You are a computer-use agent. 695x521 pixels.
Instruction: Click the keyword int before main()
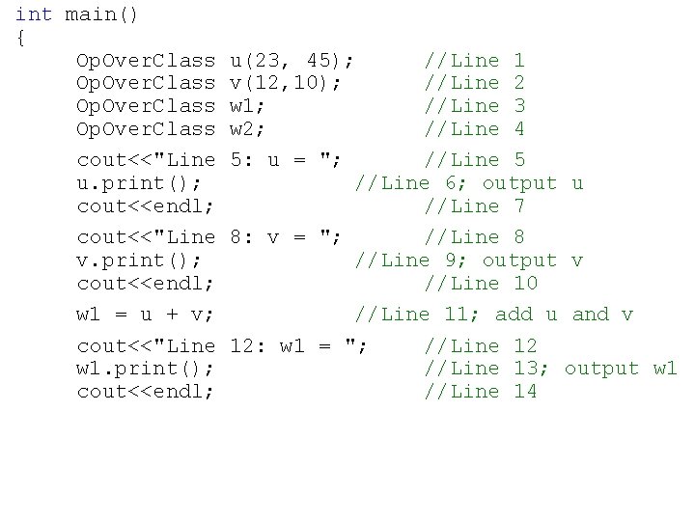coord(34,14)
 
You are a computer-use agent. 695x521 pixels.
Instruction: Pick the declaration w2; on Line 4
coord(248,129)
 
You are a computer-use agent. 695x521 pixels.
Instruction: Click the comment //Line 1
coord(475,60)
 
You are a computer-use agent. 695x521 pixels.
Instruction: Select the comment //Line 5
coord(475,160)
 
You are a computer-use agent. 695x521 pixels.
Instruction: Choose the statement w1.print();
coord(145,369)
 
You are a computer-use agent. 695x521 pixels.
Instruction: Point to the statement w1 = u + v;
coord(145,315)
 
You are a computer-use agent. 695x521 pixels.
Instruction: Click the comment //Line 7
coord(475,206)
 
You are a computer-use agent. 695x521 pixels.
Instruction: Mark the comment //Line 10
coord(481,284)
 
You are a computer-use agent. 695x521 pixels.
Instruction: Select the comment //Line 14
coord(481,392)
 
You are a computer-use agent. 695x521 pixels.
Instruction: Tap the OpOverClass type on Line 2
coord(146,83)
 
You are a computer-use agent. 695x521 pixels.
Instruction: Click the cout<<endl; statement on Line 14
coord(145,392)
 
